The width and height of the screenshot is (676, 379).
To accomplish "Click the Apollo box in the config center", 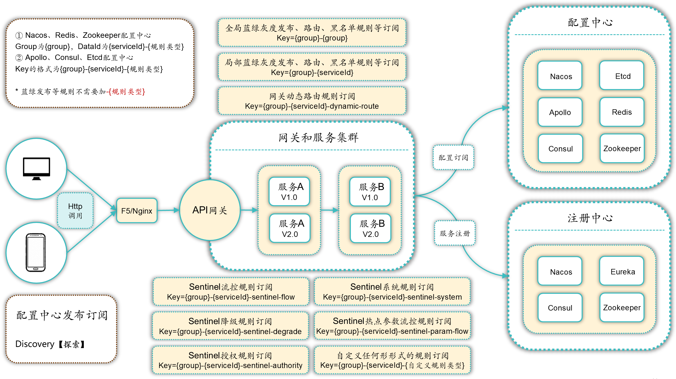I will coord(560,112).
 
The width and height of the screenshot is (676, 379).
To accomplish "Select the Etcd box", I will coord(622,76).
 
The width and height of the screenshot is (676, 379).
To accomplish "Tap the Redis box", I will coord(622,112).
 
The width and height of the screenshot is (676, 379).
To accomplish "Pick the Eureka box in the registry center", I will coord(622,271).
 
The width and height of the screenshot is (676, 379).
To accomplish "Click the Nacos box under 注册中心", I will coord(560,271).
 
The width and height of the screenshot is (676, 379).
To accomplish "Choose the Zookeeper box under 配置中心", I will coord(622,148).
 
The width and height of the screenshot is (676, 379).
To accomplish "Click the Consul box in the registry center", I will coord(560,308).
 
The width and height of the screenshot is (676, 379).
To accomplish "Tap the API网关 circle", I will coord(210,210).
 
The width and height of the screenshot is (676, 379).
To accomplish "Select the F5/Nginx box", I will coord(137,211).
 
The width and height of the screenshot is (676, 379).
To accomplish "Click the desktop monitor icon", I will coord(36,168).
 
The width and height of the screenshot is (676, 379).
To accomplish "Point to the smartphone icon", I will coord(36,252).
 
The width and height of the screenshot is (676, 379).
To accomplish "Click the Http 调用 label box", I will coord(75,211).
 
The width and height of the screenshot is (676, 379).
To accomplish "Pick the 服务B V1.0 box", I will coord(370,192).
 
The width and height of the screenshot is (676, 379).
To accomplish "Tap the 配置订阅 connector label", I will coord(453,157).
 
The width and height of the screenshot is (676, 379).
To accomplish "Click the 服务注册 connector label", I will coord(455,233).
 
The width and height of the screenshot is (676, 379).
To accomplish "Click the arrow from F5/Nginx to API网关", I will coord(168,210).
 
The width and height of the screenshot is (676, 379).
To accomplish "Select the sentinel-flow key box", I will coord(231,292).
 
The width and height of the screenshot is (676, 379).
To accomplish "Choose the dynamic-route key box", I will coord(312,101).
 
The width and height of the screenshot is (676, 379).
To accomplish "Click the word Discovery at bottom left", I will coord(35,344).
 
